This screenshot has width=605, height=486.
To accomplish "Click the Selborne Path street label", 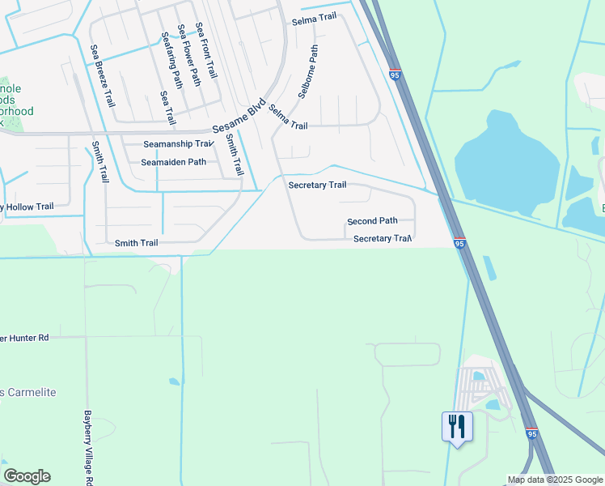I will tap(308, 71).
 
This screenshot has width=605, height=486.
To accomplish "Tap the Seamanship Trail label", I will tap(177, 144).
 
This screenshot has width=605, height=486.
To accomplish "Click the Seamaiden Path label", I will tap(173, 162).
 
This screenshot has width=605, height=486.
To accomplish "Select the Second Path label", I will tap(372, 221).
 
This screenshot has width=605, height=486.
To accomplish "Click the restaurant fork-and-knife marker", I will tap(457, 426).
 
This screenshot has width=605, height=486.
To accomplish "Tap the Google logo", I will tap(27, 476).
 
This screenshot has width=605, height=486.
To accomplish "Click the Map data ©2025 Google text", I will tap(555, 480).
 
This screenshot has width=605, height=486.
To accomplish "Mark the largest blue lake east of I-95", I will tap(507, 162).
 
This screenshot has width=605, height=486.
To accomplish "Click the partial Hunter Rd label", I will tap(24, 337).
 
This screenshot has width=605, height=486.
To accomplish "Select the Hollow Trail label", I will tap(27, 207).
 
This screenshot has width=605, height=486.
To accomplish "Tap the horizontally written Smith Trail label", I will tap(136, 243).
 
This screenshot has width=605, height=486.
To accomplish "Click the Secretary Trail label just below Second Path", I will tap(383, 239).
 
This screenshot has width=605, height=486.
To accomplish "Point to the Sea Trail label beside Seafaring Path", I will tap(167, 107).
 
